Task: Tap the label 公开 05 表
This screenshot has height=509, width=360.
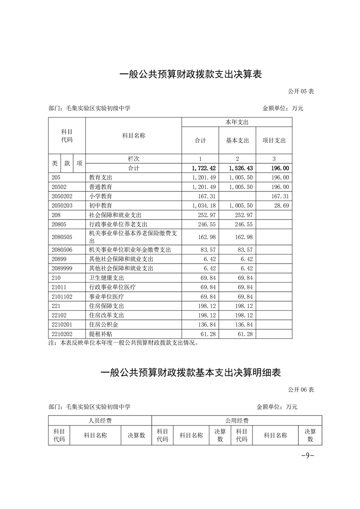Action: pyautogui.click(x=301, y=91)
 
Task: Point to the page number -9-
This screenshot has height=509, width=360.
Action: pyautogui.click(x=308, y=456)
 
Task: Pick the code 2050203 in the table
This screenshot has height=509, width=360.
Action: pyautogui.click(x=62, y=206)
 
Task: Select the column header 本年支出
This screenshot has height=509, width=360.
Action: pyautogui.click(x=237, y=122)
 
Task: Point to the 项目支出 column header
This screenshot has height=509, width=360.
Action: pyautogui.click(x=274, y=140)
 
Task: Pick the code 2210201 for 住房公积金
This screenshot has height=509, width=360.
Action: pyautogui.click(x=62, y=325)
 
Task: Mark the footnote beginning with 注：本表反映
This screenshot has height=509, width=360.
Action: pyautogui.click(x=123, y=343)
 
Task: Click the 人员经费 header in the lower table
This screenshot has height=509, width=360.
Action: pyautogui.click(x=100, y=421)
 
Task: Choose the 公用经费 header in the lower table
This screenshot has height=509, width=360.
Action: pyautogui.click(x=237, y=421)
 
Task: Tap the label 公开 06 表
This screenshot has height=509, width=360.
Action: pyautogui.click(x=301, y=390)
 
